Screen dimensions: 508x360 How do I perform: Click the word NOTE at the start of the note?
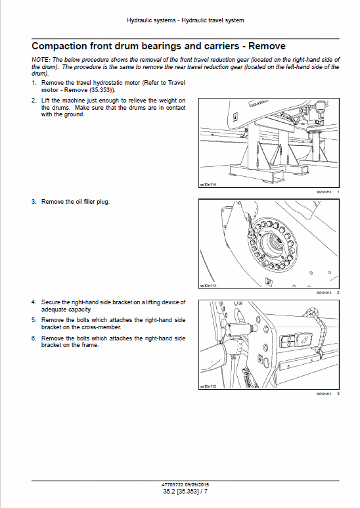pyautogui.click(x=41, y=59)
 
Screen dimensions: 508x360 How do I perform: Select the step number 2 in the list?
pyautogui.click(x=34, y=100)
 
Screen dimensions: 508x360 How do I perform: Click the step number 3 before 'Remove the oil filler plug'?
pyautogui.click(x=34, y=201)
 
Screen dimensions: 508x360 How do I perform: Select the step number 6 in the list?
pyautogui.click(x=34, y=338)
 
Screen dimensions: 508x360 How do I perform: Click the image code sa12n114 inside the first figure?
pyautogui.click(x=210, y=185)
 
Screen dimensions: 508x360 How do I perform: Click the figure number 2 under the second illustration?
pyautogui.click(x=338, y=292)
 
